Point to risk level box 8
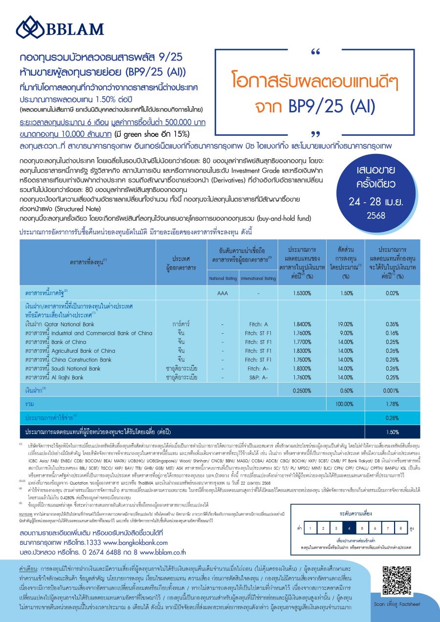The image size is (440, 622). pos(400,528)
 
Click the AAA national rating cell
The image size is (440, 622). pos(222,293)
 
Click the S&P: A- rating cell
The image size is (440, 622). pos(257,377)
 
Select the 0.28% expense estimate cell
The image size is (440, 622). pos(392,418)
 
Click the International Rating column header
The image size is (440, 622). pos(258,279)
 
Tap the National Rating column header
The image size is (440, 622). pos(222,279)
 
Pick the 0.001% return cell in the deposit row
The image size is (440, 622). pos(392,391)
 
